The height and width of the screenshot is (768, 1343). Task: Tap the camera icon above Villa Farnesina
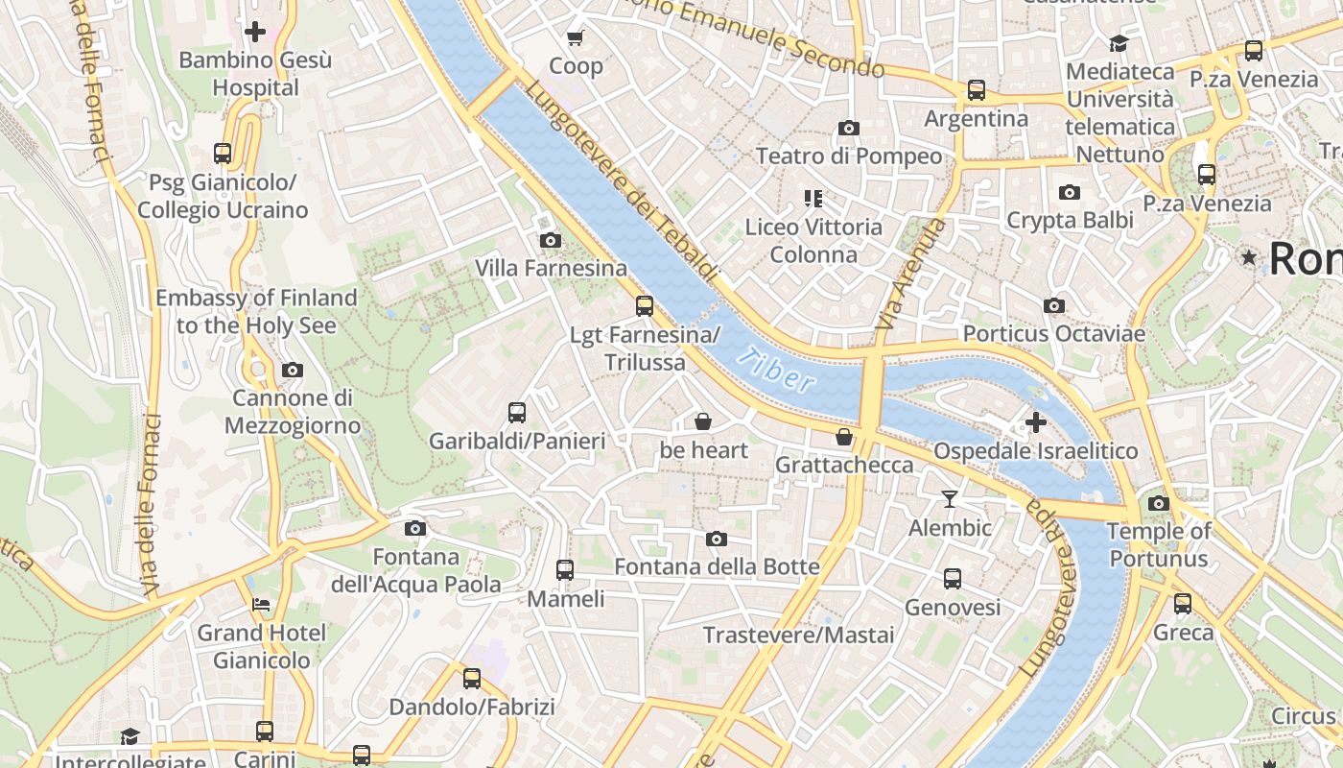pyautogui.click(x=551, y=240)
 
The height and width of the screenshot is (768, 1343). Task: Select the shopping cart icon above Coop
pyautogui.click(x=576, y=38)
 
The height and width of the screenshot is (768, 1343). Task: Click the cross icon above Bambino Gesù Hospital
pyautogui.click(x=255, y=32)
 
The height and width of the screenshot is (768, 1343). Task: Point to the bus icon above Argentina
pyautogui.click(x=977, y=90)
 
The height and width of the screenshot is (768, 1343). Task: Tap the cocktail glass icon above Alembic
pyautogui.click(x=950, y=499)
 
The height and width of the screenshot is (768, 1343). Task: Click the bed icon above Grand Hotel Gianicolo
pyautogui.click(x=261, y=605)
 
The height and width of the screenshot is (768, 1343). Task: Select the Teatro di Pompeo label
pyautogui.click(x=849, y=156)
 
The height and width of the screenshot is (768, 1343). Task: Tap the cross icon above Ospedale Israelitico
pyautogui.click(x=1036, y=422)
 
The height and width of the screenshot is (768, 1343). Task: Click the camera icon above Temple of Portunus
pyautogui.click(x=1159, y=503)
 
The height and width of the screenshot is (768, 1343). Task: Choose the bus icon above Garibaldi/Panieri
pyautogui.click(x=517, y=413)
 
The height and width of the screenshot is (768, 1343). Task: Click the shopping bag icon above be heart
pyautogui.click(x=703, y=421)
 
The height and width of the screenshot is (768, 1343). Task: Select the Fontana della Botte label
pyautogui.click(x=717, y=566)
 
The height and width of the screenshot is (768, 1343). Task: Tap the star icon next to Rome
pyautogui.click(x=1249, y=257)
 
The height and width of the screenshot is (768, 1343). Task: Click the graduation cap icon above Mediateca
pyautogui.click(x=1119, y=43)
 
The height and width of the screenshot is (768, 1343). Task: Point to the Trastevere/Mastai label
pyautogui.click(x=798, y=635)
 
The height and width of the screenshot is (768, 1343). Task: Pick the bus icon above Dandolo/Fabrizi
pyautogui.click(x=472, y=679)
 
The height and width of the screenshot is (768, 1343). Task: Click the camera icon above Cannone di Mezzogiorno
pyautogui.click(x=293, y=370)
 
